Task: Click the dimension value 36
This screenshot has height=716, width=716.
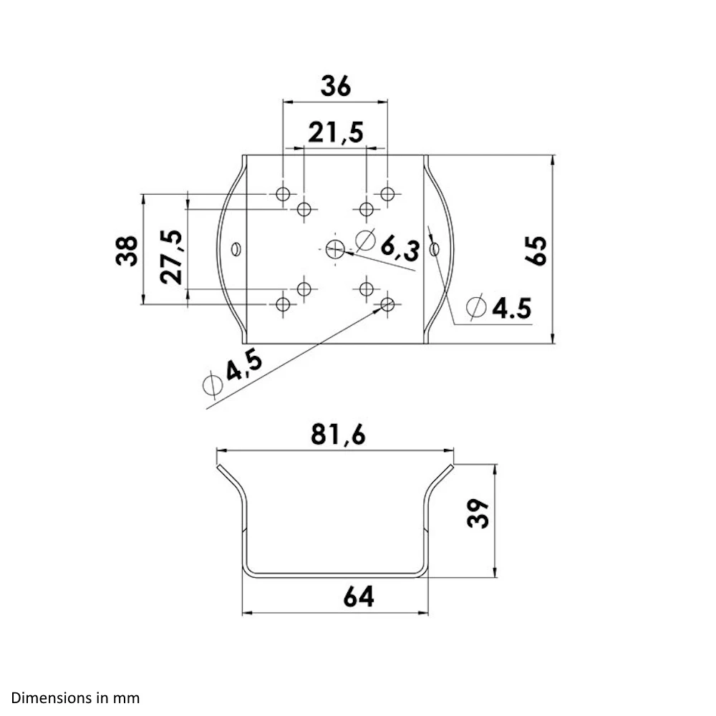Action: pyautogui.click(x=335, y=87)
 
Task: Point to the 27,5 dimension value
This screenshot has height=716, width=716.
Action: pyautogui.click(x=172, y=257)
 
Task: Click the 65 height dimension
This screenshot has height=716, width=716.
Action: pyautogui.click(x=536, y=250)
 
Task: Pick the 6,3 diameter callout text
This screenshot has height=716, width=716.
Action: pyautogui.click(x=399, y=248)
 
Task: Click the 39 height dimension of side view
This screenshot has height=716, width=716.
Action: pyautogui.click(x=478, y=513)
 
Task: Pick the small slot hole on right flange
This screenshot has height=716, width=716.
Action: pyautogui.click(x=435, y=249)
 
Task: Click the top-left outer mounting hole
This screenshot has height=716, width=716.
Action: pyautogui.click(x=283, y=193)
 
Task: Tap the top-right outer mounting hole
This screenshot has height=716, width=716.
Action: pyautogui.click(x=388, y=193)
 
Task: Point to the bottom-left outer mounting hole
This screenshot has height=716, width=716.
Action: pyautogui.click(x=283, y=304)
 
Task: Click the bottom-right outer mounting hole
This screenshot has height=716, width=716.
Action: pyautogui.click(x=388, y=304)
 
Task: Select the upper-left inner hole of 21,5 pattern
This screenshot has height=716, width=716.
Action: pyautogui.click(x=304, y=209)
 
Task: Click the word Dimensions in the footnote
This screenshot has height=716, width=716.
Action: pyautogui.click(x=44, y=697)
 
